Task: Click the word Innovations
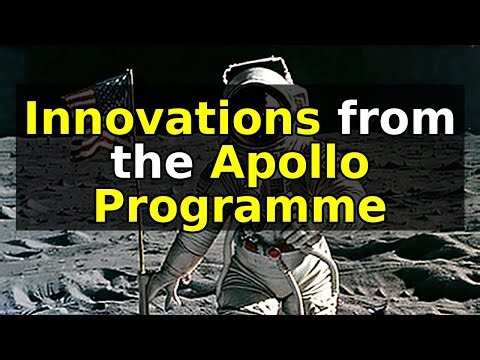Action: (x=172, y=120)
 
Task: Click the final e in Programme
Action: (x=371, y=211)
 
